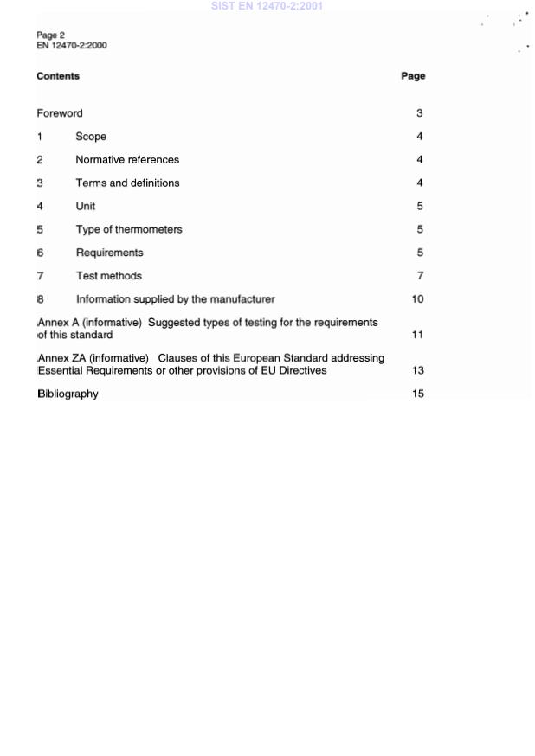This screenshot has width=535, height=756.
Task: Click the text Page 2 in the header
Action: [51, 35]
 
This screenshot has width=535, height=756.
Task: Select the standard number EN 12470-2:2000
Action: [72, 46]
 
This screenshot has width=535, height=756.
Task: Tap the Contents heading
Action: [58, 76]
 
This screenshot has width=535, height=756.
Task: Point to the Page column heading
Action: [413, 76]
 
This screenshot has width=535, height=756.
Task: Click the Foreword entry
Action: [60, 113]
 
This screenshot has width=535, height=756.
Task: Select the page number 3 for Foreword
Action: [419, 113]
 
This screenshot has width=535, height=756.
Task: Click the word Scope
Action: [91, 137]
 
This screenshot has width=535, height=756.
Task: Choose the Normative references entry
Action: [127, 160]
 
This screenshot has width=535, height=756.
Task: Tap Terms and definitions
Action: [127, 183]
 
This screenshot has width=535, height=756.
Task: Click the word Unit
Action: [86, 207]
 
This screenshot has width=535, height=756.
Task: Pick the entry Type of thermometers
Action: [129, 230]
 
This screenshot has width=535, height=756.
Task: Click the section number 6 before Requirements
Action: [40, 253]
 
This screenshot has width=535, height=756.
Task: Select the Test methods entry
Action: [109, 277]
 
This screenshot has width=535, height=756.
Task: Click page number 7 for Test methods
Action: [419, 277]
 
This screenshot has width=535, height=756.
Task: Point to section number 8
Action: [40, 300]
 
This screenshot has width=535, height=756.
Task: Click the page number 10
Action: [417, 300]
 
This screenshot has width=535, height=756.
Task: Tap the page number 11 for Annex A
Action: [417, 335]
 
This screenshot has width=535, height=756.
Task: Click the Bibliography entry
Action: [68, 394]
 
